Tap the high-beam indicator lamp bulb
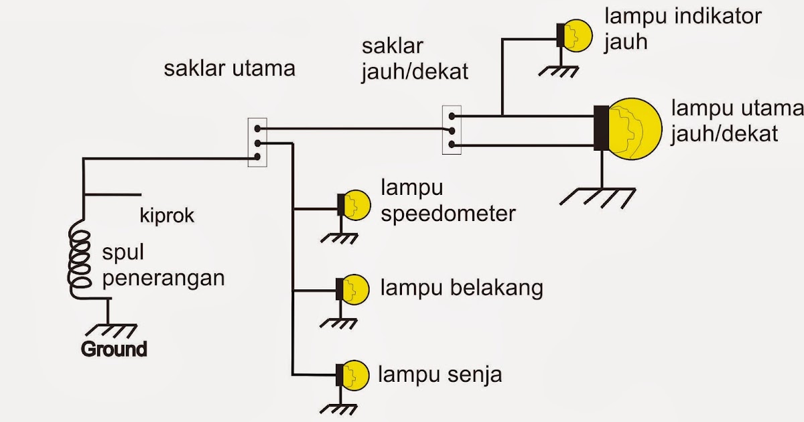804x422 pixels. pyautogui.click(x=577, y=36)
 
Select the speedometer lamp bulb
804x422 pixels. pyautogui.click(x=356, y=205)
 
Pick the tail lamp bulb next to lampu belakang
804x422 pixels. pyautogui.click(x=354, y=289)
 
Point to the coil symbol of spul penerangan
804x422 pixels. pyautogui.click(x=79, y=258)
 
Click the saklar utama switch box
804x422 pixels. pyautogui.click(x=257, y=143)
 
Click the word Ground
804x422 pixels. pyautogui.click(x=113, y=349)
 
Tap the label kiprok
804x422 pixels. pyautogui.click(x=167, y=216)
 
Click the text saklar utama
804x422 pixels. pyautogui.click(x=229, y=68)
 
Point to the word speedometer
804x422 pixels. pyautogui.click(x=448, y=214)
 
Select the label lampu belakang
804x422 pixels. pyautogui.click(x=461, y=289)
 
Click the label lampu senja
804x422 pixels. pyautogui.click(x=440, y=374)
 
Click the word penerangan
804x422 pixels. pyautogui.click(x=163, y=277)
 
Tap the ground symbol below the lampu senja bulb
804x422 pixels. pyautogui.click(x=339, y=408)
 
